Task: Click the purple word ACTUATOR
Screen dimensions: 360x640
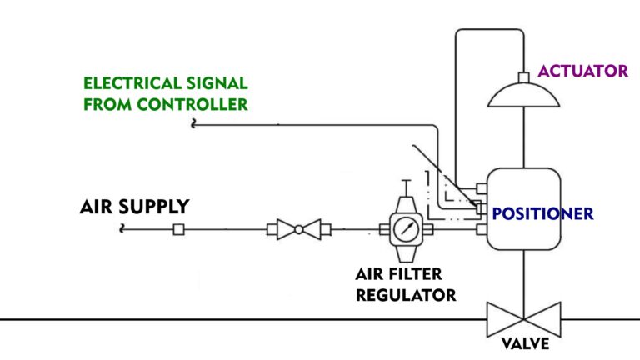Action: tap(582, 71)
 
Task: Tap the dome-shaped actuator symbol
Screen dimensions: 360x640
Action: tap(523, 95)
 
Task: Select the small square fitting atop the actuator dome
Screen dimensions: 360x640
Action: tap(523, 77)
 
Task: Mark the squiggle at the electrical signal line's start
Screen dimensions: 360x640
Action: tap(194, 125)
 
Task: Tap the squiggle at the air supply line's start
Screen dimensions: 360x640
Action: tap(124, 228)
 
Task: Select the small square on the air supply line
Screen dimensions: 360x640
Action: tap(178, 229)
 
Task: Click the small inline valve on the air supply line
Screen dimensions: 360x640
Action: tap(298, 229)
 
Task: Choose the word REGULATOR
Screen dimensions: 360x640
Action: tap(406, 295)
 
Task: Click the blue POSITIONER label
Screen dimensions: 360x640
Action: tap(542, 213)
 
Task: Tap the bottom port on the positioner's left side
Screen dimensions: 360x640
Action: tap(481, 227)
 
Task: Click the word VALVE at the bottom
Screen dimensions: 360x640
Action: tap(523, 343)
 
